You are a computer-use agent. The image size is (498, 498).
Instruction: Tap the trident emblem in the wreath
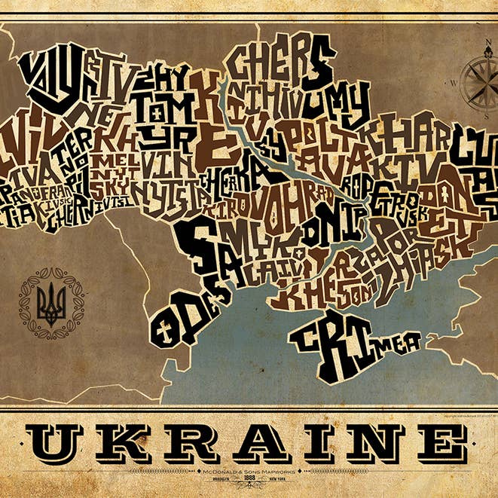tap(51, 304)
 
